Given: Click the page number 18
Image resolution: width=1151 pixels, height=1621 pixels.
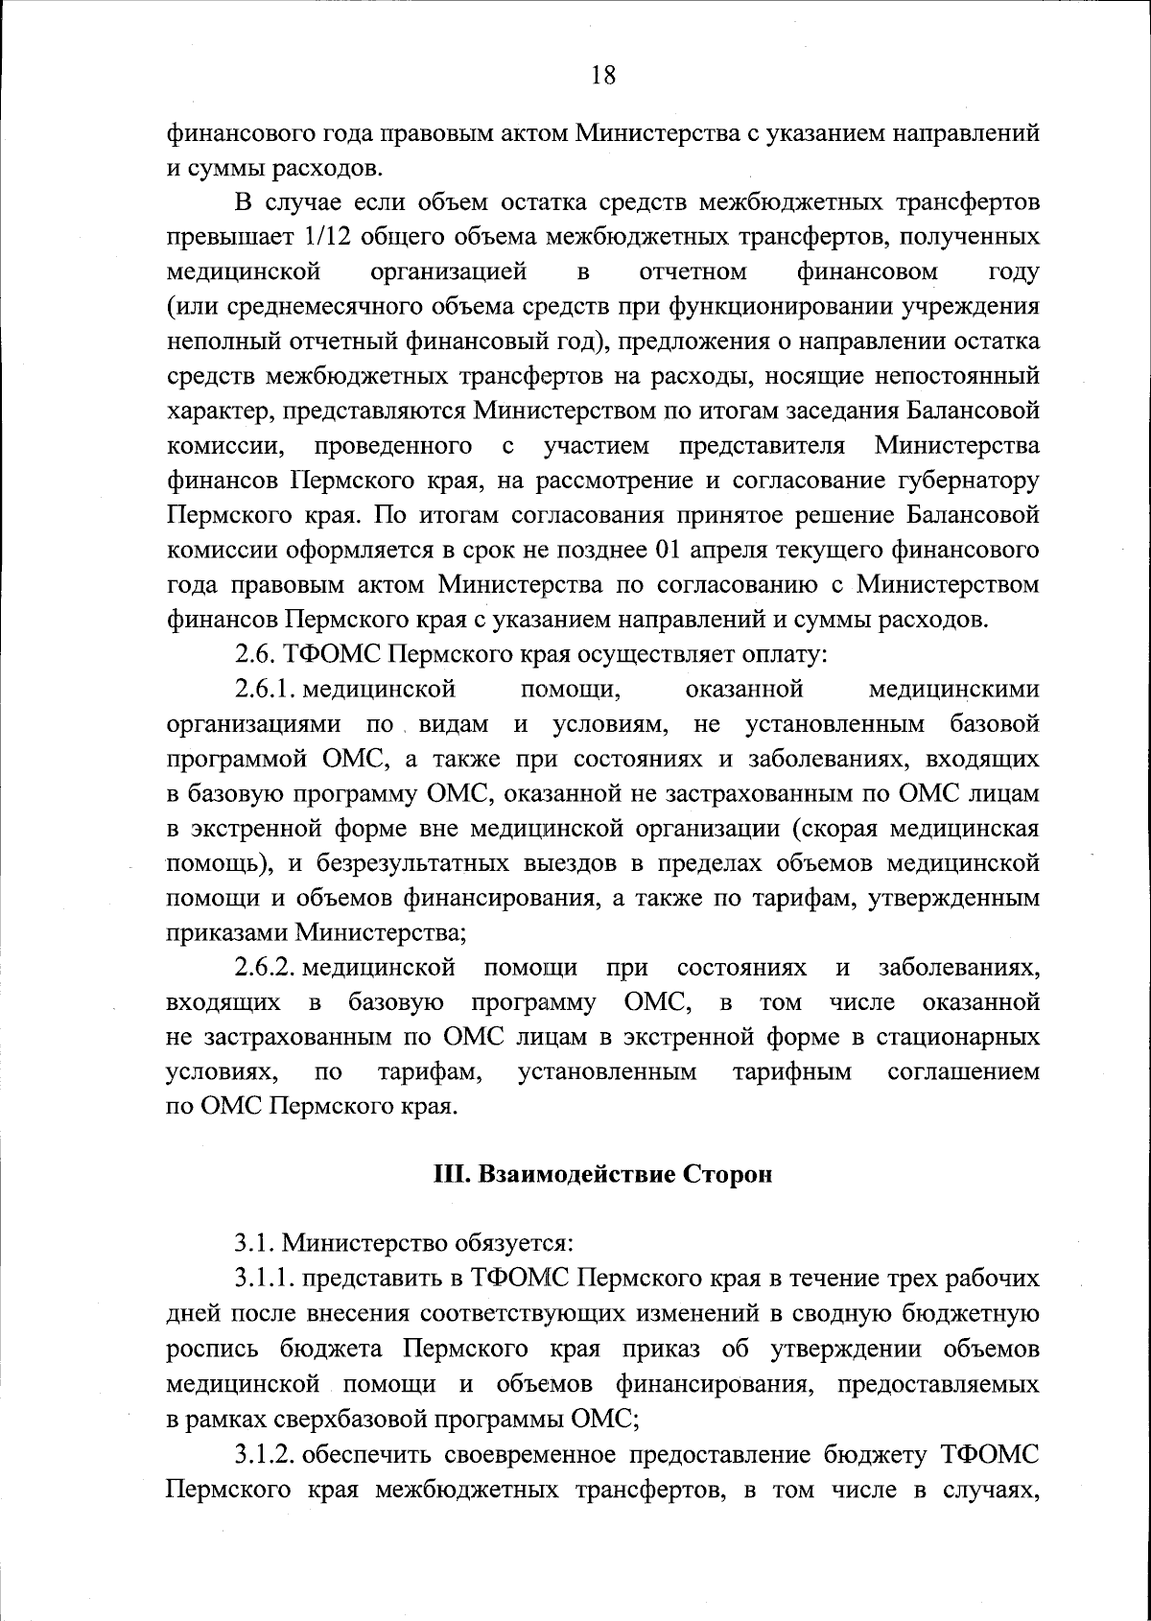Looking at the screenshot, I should click(x=603, y=75).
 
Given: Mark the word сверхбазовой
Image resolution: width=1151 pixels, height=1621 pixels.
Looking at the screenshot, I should click(x=345, y=1420).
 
